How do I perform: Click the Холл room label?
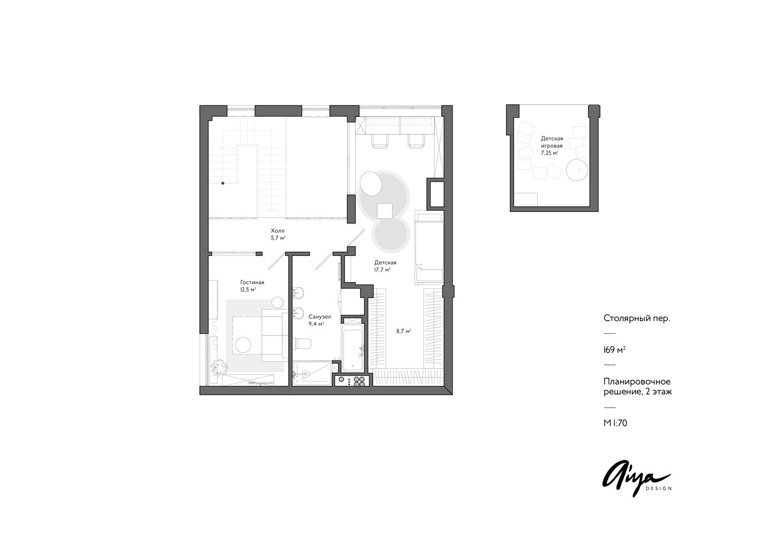pyautogui.click(x=278, y=231)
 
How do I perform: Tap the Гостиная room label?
pyautogui.click(x=252, y=282)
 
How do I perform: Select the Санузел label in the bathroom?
pyautogui.click(x=320, y=317)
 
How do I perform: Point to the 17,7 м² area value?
pyautogui.click(x=382, y=270)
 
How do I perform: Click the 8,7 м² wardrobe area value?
pyautogui.click(x=404, y=331)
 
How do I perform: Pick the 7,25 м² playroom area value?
pyautogui.click(x=549, y=153)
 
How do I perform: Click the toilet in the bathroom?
pyautogui.click(x=302, y=343)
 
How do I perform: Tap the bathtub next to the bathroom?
pyautogui.click(x=352, y=348)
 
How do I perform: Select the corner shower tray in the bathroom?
pyautogui.click(x=312, y=373)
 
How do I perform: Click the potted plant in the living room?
pyautogui.click(x=218, y=366)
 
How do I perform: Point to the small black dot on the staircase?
pyautogui.click(x=223, y=183)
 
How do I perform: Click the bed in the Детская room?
pyautogui.click(x=429, y=248)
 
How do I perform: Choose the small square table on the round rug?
pyautogui.click(x=384, y=211)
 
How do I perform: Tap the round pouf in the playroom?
pyautogui.click(x=577, y=170)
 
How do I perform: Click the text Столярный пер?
pyautogui.click(x=637, y=318)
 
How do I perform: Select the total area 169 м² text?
pyautogui.click(x=615, y=350)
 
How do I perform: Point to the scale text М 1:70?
pyautogui.click(x=615, y=423)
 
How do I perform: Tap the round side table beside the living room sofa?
pyautogui.click(x=277, y=302)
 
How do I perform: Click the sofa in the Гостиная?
pyautogui.click(x=275, y=335)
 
